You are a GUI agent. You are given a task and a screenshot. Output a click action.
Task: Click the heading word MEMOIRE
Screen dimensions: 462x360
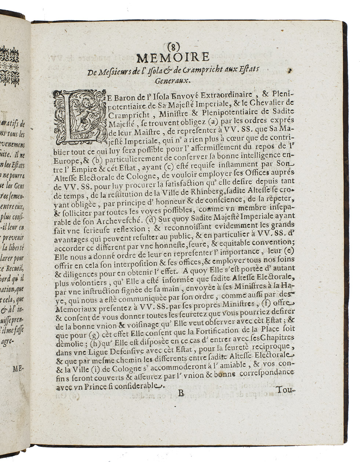click(x=172, y=58)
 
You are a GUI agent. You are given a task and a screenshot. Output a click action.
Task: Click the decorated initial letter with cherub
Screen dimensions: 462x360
click(x=77, y=116)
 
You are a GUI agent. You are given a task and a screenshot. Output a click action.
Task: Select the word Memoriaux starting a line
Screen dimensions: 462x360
click(x=75, y=304)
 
